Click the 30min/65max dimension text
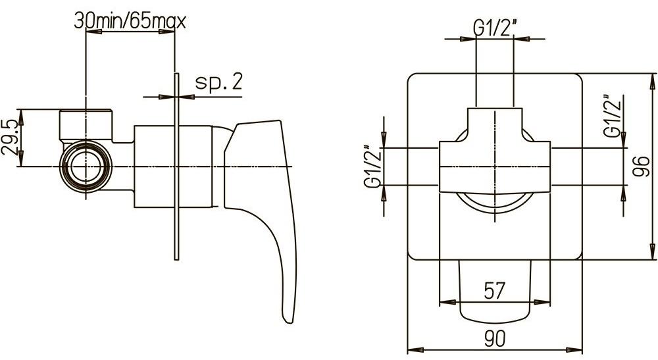click(130, 21)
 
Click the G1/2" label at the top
click(494, 27)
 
